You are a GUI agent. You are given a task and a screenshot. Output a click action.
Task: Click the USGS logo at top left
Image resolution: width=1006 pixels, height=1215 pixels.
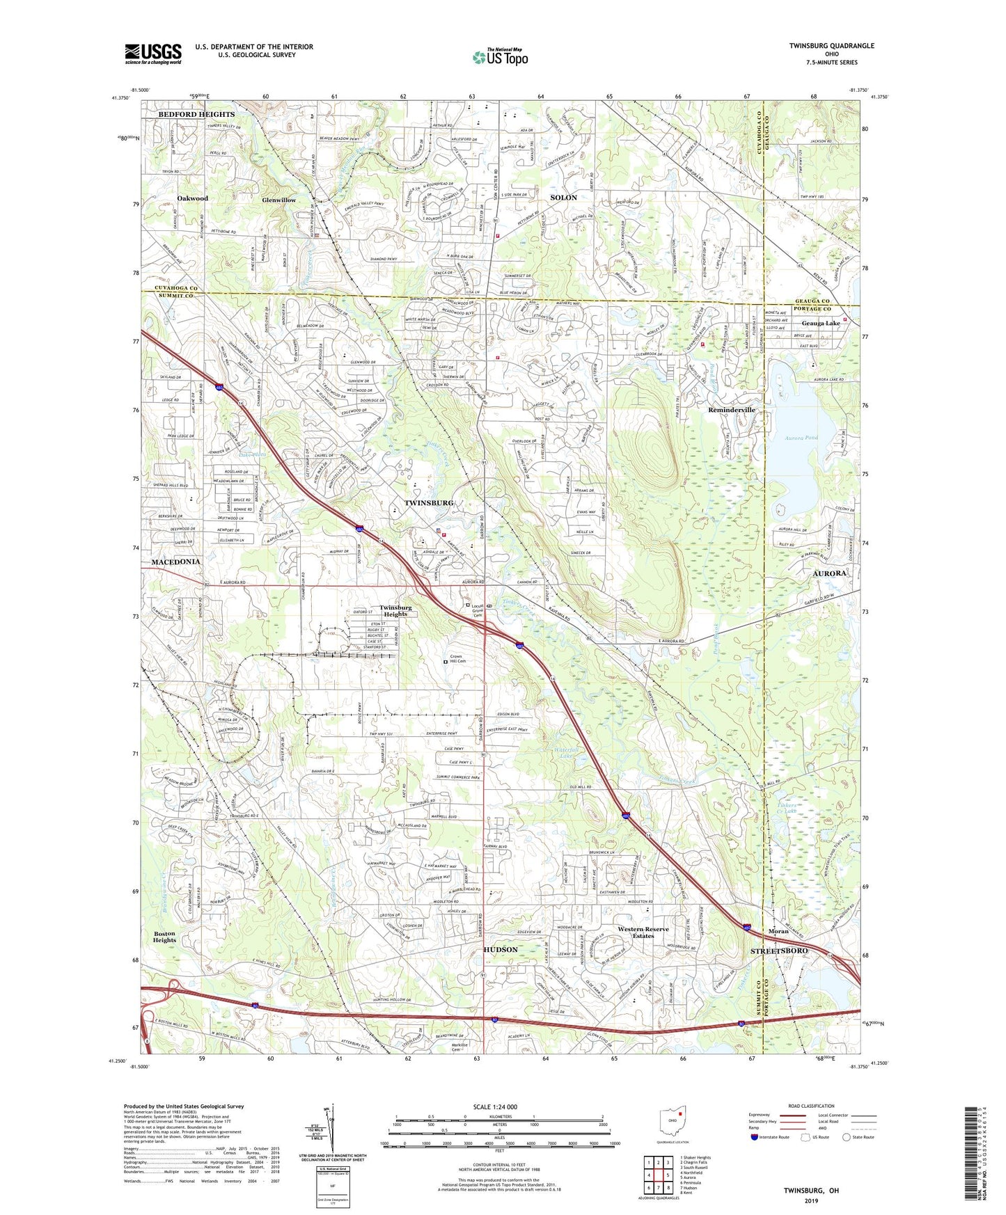pyautogui.click(x=153, y=53)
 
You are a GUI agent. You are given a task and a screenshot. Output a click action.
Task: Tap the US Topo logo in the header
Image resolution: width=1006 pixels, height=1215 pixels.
pyautogui.click(x=501, y=56)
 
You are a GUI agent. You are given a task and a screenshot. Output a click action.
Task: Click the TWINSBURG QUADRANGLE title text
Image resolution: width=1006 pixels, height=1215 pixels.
pyautogui.click(x=831, y=46)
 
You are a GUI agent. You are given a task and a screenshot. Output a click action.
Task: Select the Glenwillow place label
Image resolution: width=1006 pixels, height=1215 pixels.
pyautogui.click(x=278, y=200)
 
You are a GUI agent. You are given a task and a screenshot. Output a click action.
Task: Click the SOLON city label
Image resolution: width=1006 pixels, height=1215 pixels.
pyautogui.click(x=563, y=198)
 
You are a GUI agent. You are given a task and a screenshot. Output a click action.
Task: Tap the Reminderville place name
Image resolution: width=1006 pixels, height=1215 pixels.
pyautogui.click(x=731, y=410)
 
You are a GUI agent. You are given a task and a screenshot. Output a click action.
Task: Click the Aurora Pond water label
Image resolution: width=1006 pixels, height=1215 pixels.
pyautogui.click(x=801, y=438)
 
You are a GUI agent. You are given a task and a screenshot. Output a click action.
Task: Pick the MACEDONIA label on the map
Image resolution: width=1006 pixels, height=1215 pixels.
pyautogui.click(x=175, y=562)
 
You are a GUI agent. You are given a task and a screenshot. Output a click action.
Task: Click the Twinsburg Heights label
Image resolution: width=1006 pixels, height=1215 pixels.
pyautogui.click(x=395, y=610)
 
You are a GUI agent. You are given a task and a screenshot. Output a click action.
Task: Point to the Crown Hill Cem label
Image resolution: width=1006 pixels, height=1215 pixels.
pyautogui.click(x=456, y=659)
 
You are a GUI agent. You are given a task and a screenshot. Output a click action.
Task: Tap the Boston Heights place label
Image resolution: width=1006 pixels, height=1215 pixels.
pyautogui.click(x=164, y=937)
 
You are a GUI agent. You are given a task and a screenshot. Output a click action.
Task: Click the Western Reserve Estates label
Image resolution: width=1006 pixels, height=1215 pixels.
pyautogui.click(x=643, y=932)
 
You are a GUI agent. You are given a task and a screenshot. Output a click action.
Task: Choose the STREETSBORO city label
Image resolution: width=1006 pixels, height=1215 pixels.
pyautogui.click(x=778, y=951)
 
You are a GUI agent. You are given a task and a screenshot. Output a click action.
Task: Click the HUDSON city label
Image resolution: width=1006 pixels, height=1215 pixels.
pyautogui.click(x=501, y=949)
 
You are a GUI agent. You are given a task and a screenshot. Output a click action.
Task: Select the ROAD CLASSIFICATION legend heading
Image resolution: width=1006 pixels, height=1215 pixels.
pyautogui.click(x=810, y=1106)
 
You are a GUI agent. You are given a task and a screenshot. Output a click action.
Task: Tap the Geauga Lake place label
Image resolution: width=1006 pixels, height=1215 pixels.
pyautogui.click(x=820, y=323)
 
